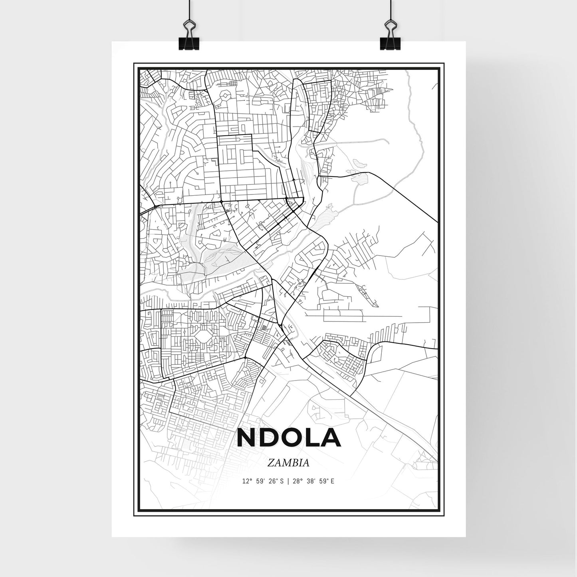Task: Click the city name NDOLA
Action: tap(288, 438)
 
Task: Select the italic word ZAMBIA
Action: tap(288, 463)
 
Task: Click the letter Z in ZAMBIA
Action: tap(271, 463)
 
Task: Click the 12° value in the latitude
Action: tap(247, 481)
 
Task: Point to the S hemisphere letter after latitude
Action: tap(282, 481)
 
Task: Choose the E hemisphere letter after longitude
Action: tap(332, 481)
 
